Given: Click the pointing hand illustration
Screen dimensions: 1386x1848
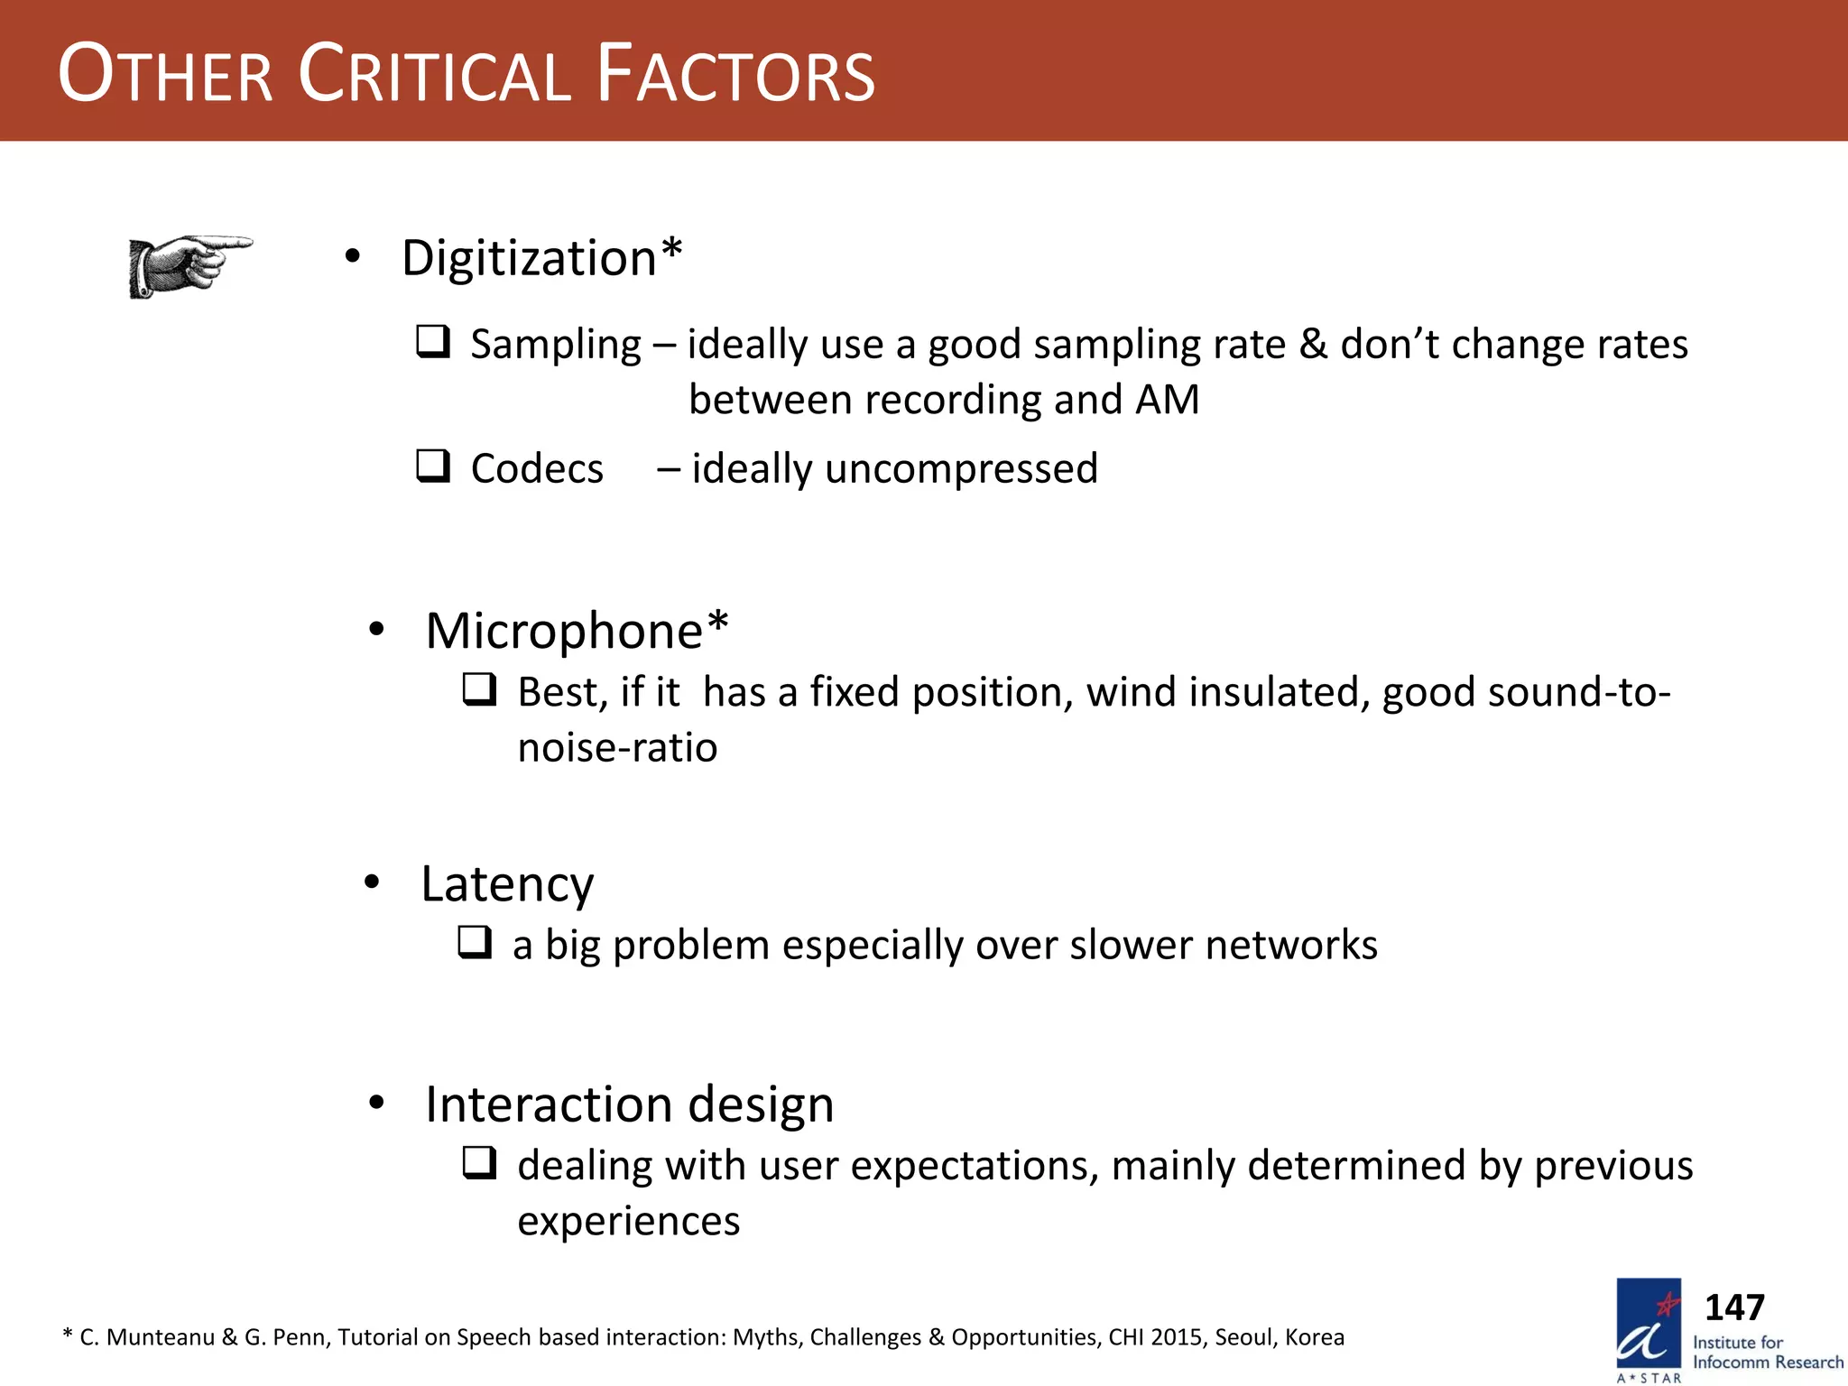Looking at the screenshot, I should click(x=189, y=266).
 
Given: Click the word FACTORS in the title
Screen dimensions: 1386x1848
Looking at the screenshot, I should click(x=735, y=74).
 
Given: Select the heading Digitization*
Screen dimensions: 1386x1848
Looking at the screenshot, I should click(x=541, y=258).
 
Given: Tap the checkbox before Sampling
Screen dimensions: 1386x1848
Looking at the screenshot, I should click(x=433, y=342).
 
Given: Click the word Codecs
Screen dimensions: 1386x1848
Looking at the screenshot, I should click(x=537, y=469).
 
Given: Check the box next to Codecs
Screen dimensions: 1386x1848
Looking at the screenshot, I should click(x=433, y=467).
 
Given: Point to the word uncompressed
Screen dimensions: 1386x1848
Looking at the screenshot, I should click(x=961, y=469).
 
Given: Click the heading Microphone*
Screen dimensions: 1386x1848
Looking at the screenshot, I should click(x=576, y=630).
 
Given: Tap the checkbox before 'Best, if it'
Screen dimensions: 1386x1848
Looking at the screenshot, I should click(x=479, y=690).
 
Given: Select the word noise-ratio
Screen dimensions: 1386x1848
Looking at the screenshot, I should click(x=617, y=748).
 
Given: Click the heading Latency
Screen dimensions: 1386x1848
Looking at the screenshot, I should click(x=507, y=884).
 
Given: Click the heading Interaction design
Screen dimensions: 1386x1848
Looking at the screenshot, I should click(x=629, y=1104).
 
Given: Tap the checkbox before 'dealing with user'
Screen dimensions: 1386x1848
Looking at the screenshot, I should click(x=479, y=1163).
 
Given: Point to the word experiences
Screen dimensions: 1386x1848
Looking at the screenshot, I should click(x=628, y=1222).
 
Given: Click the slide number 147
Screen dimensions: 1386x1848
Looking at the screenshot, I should click(x=1733, y=1307).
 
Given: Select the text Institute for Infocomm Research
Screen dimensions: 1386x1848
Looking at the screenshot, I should click(x=1767, y=1352).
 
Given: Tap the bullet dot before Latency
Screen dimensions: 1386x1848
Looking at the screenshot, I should click(x=372, y=882).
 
